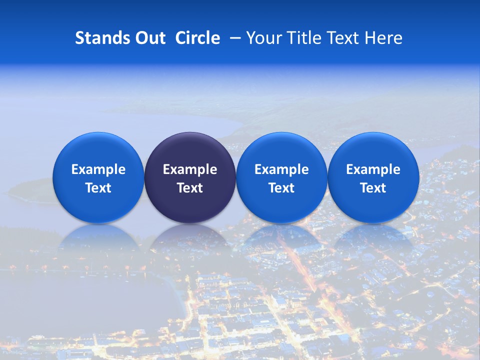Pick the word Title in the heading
coord(306,38)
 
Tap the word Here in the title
coord(384,38)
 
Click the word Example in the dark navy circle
coord(190,169)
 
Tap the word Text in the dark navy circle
coord(190,188)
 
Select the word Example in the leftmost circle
coord(98,169)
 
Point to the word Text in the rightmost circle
coord(373,188)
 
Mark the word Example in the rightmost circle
coord(373,169)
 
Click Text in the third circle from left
coord(281,188)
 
